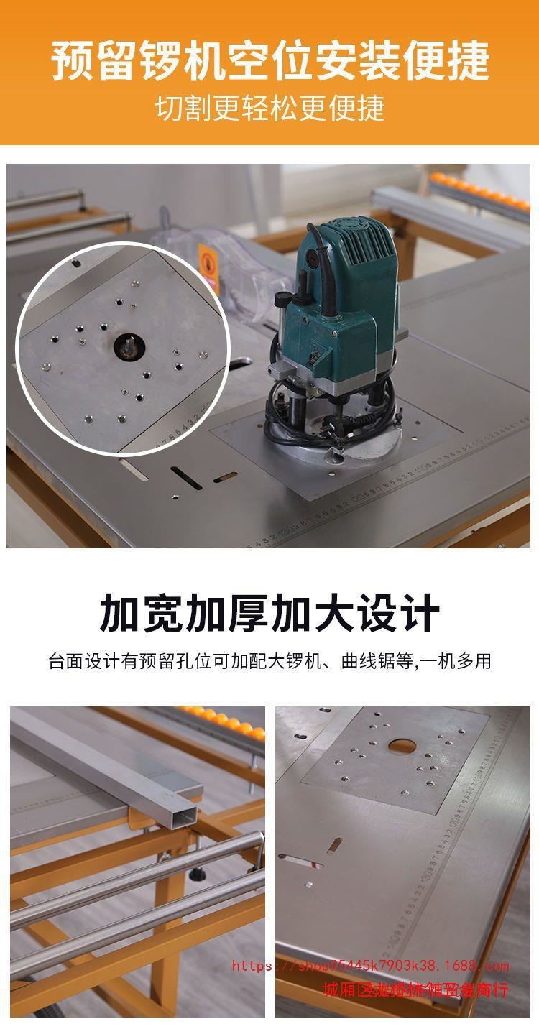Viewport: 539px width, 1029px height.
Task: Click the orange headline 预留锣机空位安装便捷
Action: [x=269, y=61]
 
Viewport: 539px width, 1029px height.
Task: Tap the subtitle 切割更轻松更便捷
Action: [x=269, y=108]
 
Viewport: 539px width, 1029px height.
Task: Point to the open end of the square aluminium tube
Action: [x=180, y=812]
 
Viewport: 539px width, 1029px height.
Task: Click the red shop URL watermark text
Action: [x=369, y=966]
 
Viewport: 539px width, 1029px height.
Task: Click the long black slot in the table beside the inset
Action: [x=185, y=477]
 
